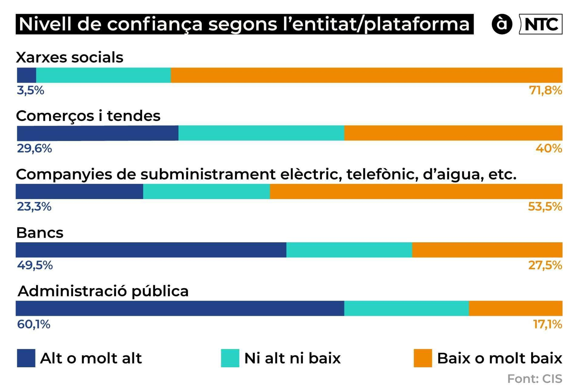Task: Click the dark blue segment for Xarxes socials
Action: pyautogui.click(x=27, y=75)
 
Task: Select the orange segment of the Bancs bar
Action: pyautogui.click(x=487, y=250)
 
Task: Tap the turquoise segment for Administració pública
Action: pyautogui.click(x=406, y=308)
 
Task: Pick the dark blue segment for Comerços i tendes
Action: pyautogui.click(x=97, y=133)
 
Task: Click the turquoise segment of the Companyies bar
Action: pyautogui.click(x=206, y=191)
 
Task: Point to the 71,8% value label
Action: pyautogui.click(x=545, y=90)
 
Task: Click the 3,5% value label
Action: pyautogui.click(x=31, y=90)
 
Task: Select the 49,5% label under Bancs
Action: pyautogui.click(x=35, y=265)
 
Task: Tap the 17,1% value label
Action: pyautogui.click(x=547, y=324)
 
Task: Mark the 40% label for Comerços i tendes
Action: pyautogui.click(x=549, y=149)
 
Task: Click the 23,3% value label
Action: pyautogui.click(x=34, y=207)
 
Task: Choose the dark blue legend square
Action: pyautogui.click(x=26, y=358)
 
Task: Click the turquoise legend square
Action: pyautogui.click(x=230, y=358)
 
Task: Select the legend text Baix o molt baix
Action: pyautogui.click(x=499, y=358)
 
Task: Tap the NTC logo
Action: pyautogui.click(x=541, y=24)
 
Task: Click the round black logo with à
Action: pyautogui.click(x=502, y=24)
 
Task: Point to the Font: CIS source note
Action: pyautogui.click(x=534, y=379)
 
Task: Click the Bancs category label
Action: pyautogui.click(x=40, y=233)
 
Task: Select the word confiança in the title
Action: pyautogui.click(x=155, y=24)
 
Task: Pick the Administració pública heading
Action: pyautogui.click(x=103, y=291)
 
